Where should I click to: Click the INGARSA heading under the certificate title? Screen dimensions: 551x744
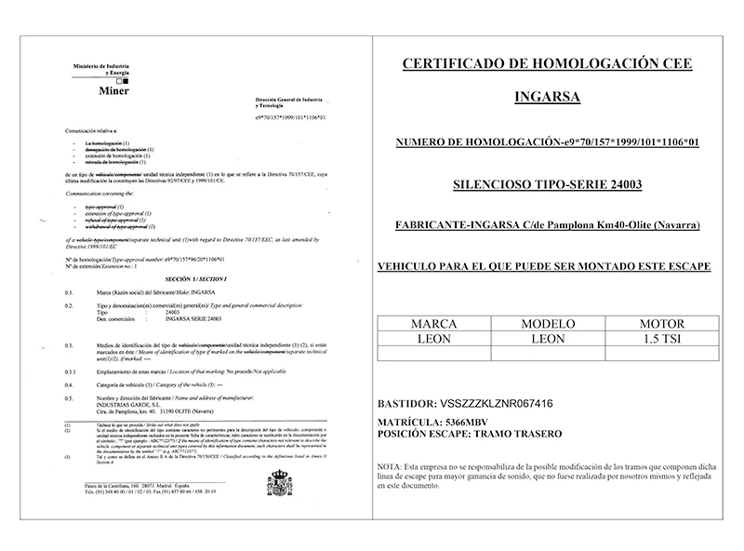pos(547,96)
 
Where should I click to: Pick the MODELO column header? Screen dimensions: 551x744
pos(549,326)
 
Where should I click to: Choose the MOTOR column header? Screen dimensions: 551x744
pos(662,326)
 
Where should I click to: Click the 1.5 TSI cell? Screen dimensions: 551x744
pos(662,340)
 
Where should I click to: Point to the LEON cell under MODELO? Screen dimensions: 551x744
pos(549,340)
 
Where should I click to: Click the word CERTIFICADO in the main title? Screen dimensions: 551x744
pos(464,63)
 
